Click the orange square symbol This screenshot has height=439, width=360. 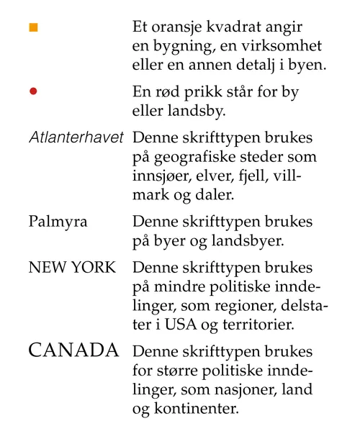33,27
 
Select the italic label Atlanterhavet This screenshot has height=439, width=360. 76,137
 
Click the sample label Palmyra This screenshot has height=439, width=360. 58,221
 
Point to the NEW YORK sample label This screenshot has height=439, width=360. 71,268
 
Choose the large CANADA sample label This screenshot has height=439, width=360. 73,351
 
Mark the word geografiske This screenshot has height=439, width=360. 195,156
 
